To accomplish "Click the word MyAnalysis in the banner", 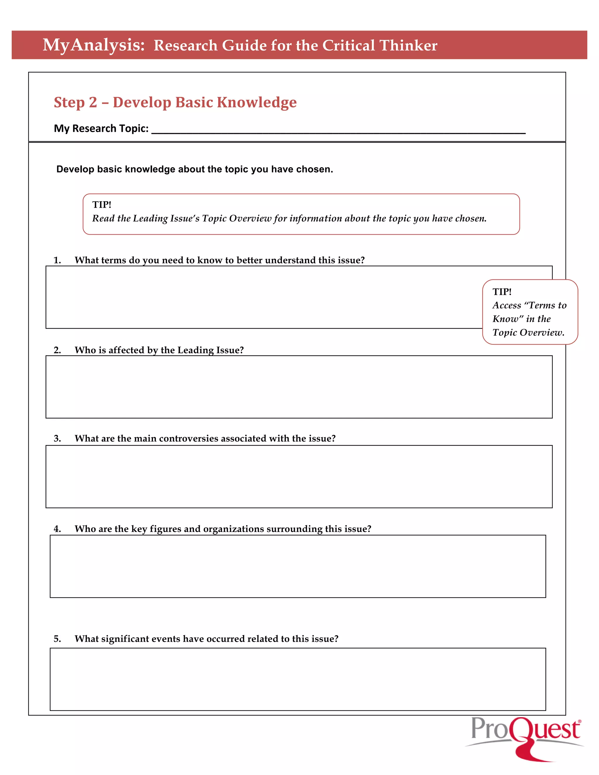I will (x=94, y=45).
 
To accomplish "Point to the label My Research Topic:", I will (x=101, y=128).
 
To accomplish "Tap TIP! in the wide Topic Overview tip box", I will (x=102, y=205).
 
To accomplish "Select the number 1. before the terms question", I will (x=57, y=261).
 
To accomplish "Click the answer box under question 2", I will (x=299, y=387).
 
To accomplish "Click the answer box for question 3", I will (x=299, y=477).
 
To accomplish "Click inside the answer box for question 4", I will (x=297, y=566).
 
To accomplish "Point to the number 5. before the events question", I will (x=57, y=639).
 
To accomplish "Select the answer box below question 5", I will (x=297, y=679).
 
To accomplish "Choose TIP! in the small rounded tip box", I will (x=502, y=292).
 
